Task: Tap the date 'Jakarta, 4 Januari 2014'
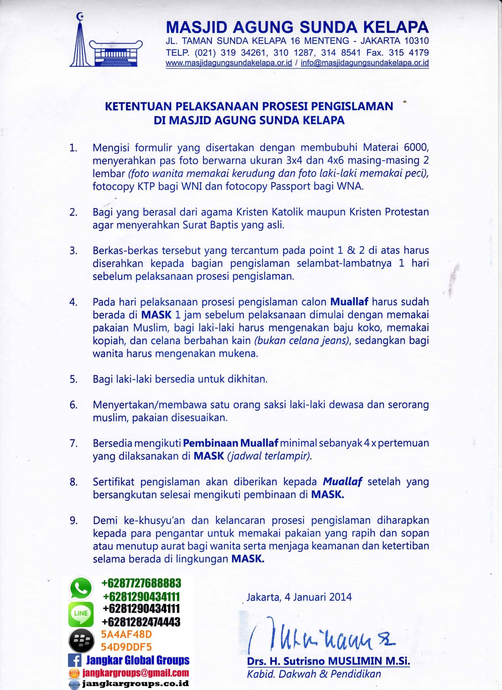(299, 597)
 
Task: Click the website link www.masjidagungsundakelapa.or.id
(229, 63)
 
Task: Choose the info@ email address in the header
(365, 63)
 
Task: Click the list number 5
(73, 379)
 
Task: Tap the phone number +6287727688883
(141, 583)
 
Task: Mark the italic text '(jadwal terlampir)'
(270, 456)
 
